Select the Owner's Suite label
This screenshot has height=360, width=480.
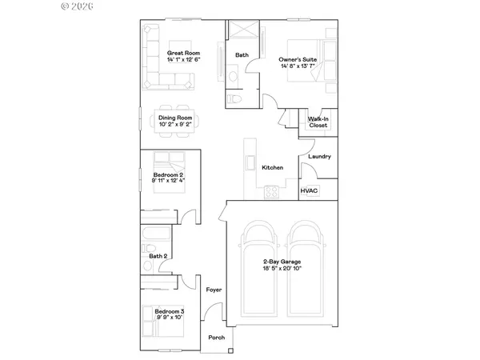tap(295, 59)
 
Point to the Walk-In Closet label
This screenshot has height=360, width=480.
tap(318, 122)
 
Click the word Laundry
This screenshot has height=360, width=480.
tap(319, 157)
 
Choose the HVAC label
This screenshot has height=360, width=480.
tap(309, 191)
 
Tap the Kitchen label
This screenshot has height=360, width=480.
tap(273, 167)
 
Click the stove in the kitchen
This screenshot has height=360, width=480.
tap(271, 192)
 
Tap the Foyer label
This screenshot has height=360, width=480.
tap(213, 290)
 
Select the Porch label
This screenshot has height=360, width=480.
tap(216, 337)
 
